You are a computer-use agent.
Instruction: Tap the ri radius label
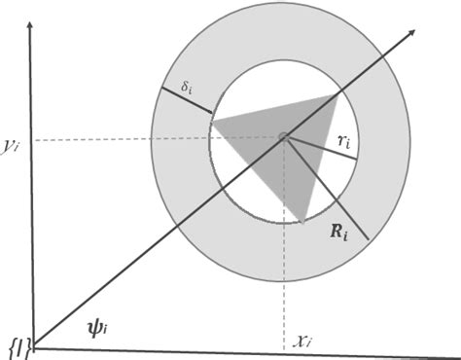coord(342,142)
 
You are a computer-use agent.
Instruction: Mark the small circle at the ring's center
coord(284,138)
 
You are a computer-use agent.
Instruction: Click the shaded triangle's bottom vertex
coord(302,222)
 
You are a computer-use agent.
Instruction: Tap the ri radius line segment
coord(316,152)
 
